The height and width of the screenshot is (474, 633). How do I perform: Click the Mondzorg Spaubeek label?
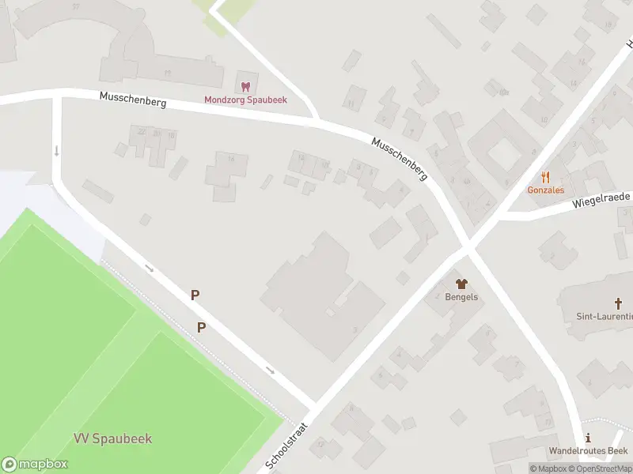pyautogui.click(x=245, y=100)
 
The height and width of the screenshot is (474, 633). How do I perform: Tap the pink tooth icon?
pyautogui.click(x=245, y=86)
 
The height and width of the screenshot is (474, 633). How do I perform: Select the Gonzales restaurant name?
pyautogui.click(x=546, y=190)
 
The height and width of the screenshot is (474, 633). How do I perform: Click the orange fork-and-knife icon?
pyautogui.click(x=546, y=178)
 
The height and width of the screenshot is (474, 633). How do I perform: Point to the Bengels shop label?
pyautogui.click(x=462, y=296)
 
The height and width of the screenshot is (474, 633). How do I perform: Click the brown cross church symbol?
pyautogui.click(x=620, y=303)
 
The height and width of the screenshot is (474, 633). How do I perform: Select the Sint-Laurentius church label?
pyautogui.click(x=605, y=316)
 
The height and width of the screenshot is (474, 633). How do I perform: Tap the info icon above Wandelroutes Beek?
pyautogui.click(x=587, y=438)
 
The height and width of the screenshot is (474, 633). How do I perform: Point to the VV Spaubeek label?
pyautogui.click(x=112, y=438)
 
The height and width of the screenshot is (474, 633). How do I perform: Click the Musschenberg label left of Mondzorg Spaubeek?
pyautogui.click(x=133, y=100)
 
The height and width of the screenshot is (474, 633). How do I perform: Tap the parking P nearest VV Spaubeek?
pyautogui.click(x=201, y=327)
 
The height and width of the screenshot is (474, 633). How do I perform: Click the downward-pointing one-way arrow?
pyautogui.click(x=57, y=150)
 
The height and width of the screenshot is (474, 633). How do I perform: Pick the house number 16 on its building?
pyautogui.click(x=232, y=160)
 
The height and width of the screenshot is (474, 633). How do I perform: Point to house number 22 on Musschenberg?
pyautogui.click(x=142, y=131)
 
